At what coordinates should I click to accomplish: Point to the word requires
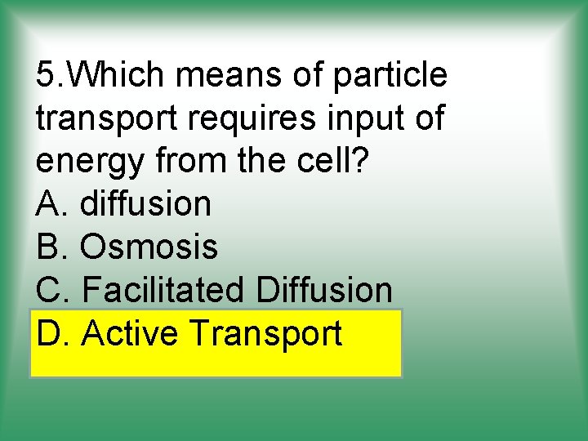coord(256,119)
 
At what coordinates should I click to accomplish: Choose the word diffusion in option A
coord(145,204)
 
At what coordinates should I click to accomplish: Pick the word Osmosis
coord(149,247)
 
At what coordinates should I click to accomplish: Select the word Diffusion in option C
coord(323,290)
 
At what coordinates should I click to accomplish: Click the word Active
coord(131,333)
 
